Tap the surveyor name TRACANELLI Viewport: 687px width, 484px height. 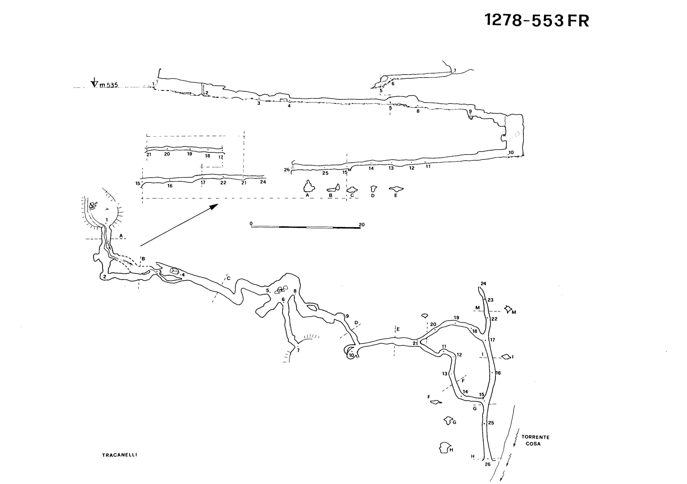[119, 455]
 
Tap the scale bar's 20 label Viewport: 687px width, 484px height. [361, 225]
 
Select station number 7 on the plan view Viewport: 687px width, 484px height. [298, 350]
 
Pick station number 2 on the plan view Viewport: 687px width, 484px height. [105, 277]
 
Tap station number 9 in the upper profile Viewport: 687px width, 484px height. [470, 111]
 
